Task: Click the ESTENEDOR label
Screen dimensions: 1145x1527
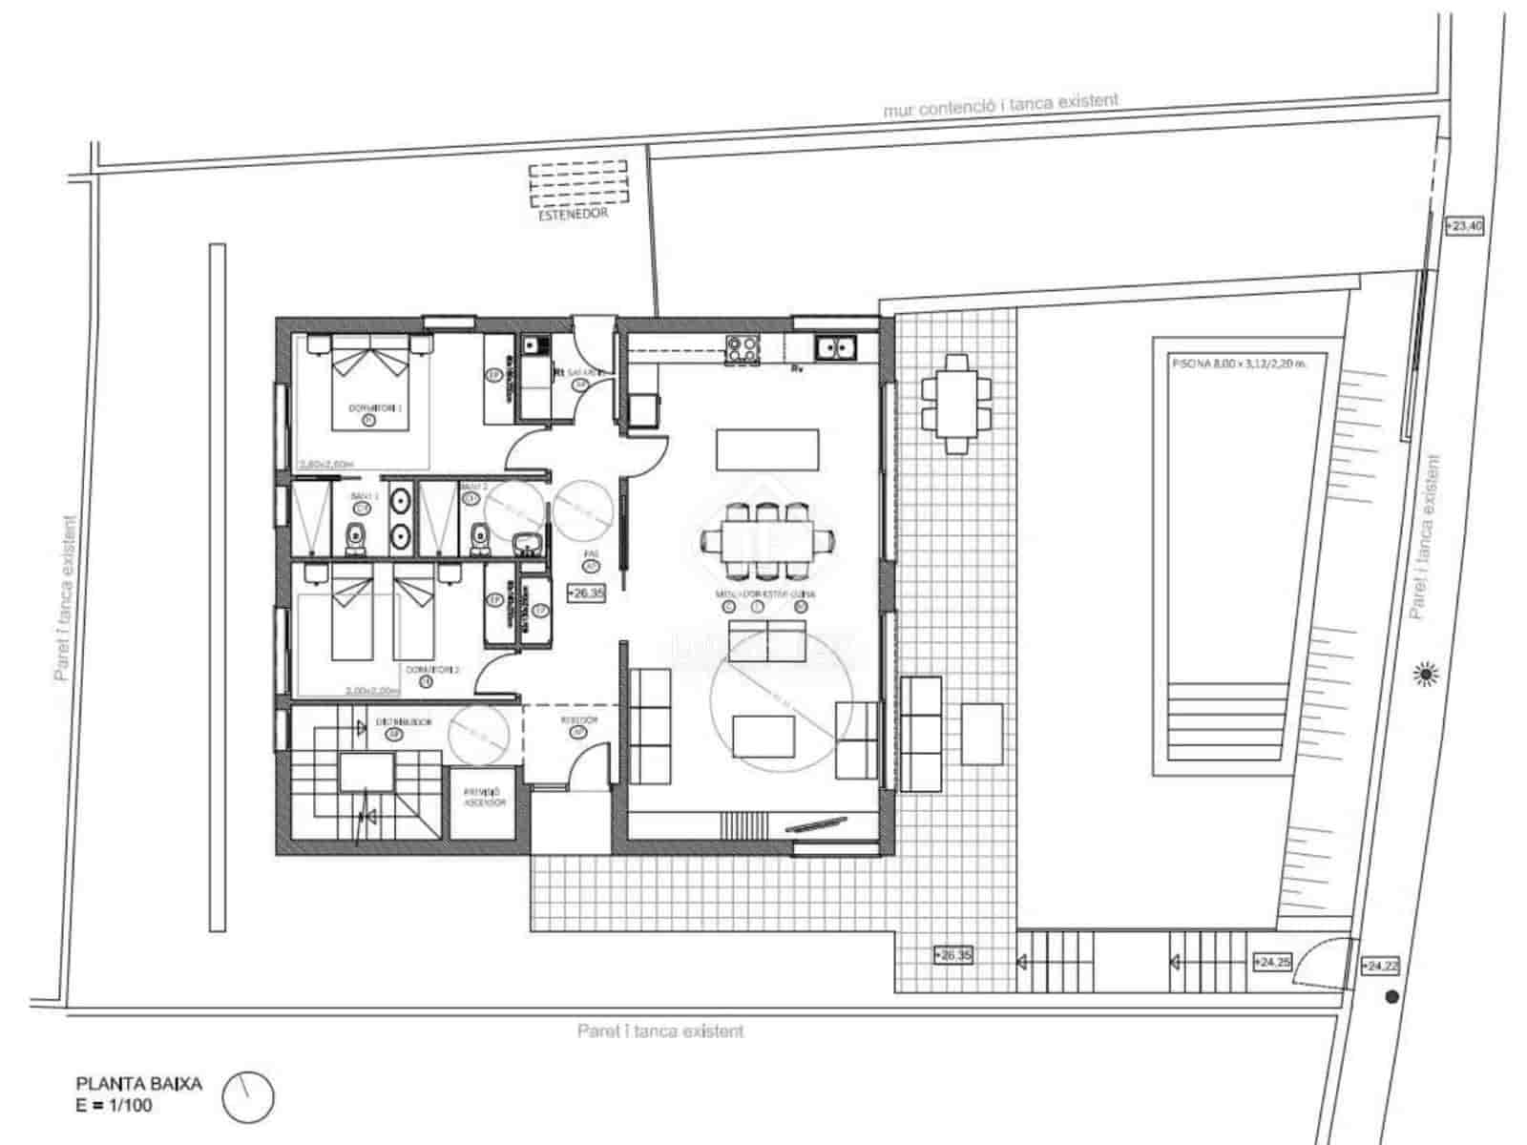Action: [x=573, y=215]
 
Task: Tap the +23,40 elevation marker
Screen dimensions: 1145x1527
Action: [x=1464, y=226]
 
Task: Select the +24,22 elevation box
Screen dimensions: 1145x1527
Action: [x=1381, y=966]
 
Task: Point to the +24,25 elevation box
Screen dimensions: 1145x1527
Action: [x=1272, y=961]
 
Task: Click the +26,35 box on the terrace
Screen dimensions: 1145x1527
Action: [x=952, y=954]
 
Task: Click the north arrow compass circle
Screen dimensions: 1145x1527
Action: [x=248, y=1097]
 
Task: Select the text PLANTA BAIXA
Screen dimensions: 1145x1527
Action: [x=138, y=1084]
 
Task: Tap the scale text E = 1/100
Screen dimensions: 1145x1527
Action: [x=114, y=1105]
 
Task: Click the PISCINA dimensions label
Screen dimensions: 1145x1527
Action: [x=1237, y=363]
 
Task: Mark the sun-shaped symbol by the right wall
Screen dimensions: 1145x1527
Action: [x=1426, y=675]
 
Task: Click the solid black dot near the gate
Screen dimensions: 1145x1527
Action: [x=1391, y=997]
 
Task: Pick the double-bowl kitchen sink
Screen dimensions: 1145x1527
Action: [x=837, y=348]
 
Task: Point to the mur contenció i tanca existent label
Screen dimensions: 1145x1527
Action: [x=1000, y=105]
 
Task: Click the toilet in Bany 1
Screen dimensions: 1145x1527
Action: [x=355, y=537]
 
